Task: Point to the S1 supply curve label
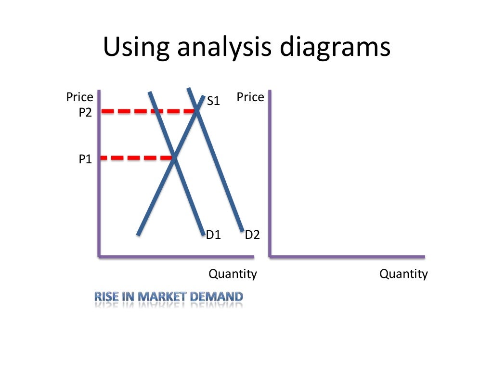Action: (x=213, y=101)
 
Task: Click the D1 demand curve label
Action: (x=213, y=235)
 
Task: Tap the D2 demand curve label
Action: (x=252, y=235)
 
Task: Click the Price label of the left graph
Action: (x=79, y=97)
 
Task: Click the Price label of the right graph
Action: (x=250, y=97)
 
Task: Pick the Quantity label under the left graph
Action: (x=233, y=274)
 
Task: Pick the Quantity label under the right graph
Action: (x=403, y=274)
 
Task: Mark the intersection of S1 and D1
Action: (x=174, y=157)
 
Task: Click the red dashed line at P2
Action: (x=144, y=111)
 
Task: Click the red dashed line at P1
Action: (x=135, y=158)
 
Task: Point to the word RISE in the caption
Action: (x=106, y=296)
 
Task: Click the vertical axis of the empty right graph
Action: (x=270, y=173)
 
